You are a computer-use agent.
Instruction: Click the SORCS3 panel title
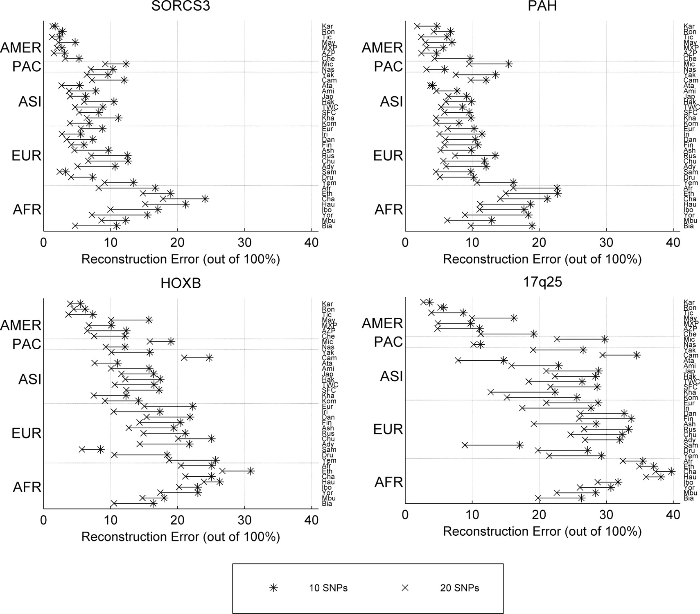pyautogui.click(x=181, y=6)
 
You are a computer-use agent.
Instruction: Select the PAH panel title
pyautogui.click(x=542, y=6)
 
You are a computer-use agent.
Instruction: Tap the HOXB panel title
pyautogui.click(x=181, y=283)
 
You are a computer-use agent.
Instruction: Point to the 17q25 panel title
pyautogui.click(x=542, y=282)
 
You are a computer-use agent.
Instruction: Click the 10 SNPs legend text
pyautogui.click(x=328, y=588)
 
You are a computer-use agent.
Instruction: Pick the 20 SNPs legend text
pyautogui.click(x=459, y=588)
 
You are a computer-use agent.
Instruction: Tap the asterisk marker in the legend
pyautogui.click(x=273, y=588)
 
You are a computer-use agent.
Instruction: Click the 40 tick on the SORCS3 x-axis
pyautogui.click(x=312, y=243)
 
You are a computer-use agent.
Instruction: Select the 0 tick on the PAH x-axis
pyautogui.click(x=405, y=243)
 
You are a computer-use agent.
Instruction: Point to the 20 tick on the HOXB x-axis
pyautogui.click(x=177, y=520)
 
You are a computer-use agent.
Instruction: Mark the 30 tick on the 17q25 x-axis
pyautogui.click(x=606, y=515)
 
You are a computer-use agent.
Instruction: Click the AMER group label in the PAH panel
pyautogui.click(x=382, y=48)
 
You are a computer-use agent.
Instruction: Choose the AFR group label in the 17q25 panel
pyautogui.click(x=388, y=482)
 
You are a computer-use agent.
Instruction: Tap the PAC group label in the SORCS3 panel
pyautogui.click(x=27, y=66)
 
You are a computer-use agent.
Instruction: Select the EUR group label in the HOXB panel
pyautogui.click(x=27, y=433)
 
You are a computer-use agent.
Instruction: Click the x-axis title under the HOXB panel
pyautogui.click(x=181, y=537)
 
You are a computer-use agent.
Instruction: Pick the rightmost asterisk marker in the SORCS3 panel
pyautogui.click(x=205, y=199)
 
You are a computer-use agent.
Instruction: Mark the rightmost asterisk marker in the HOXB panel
pyautogui.click(x=251, y=471)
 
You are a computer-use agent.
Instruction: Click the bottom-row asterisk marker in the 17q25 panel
pyautogui.click(x=581, y=498)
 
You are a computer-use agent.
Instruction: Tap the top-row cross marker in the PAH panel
pyautogui.click(x=417, y=26)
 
